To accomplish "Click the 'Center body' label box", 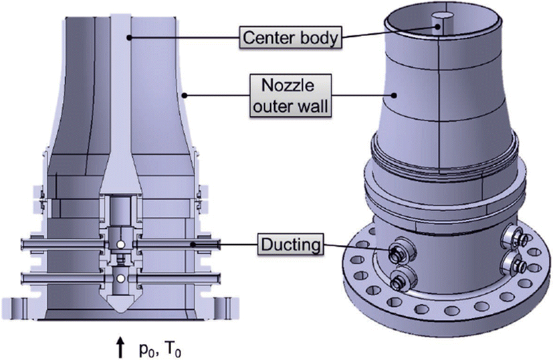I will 291,37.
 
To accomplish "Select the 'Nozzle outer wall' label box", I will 291,94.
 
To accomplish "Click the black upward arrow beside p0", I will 120,346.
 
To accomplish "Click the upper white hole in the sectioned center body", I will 120,246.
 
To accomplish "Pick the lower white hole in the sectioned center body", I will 120,277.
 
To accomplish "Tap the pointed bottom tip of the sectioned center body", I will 120,309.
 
